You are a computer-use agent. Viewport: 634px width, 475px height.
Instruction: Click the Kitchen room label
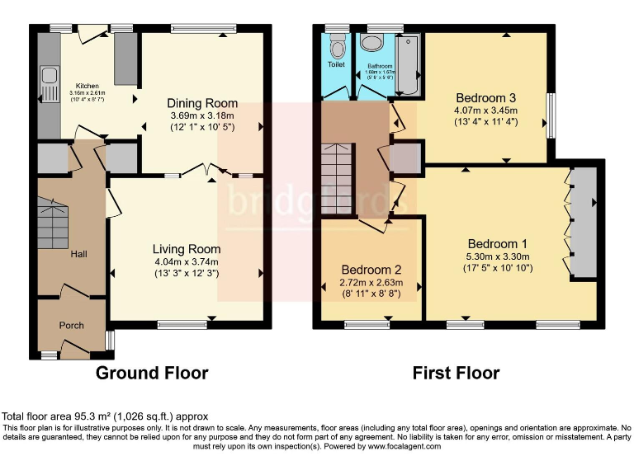(88, 86)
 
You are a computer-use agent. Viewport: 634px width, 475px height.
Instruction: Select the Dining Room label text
(202, 103)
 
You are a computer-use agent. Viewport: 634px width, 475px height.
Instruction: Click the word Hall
(78, 254)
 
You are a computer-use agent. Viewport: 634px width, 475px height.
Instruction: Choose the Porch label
(72, 325)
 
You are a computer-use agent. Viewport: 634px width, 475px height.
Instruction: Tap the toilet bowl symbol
(336, 48)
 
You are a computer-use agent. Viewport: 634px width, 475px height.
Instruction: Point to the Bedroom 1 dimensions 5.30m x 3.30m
(497, 256)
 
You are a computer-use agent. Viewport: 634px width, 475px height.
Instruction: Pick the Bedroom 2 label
(371, 270)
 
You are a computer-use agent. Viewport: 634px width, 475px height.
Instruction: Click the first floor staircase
(337, 177)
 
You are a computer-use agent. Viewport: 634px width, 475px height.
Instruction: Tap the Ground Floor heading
(152, 373)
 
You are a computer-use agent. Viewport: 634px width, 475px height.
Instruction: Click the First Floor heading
(456, 373)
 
